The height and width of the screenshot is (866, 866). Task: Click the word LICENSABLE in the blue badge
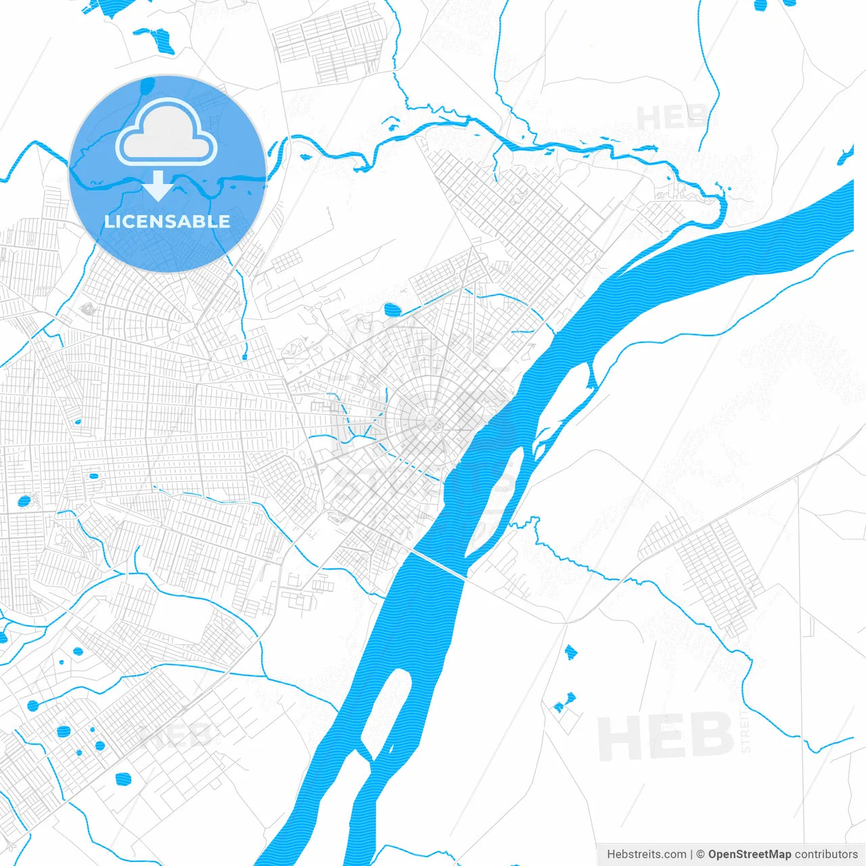pyautogui.click(x=167, y=221)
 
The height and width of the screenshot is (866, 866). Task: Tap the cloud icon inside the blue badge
pyautogui.click(x=166, y=134)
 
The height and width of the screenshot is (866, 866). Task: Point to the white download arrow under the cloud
pyautogui.click(x=158, y=186)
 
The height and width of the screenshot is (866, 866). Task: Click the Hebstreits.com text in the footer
pyautogui.click(x=646, y=854)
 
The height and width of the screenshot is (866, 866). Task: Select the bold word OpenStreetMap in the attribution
pyautogui.click(x=749, y=854)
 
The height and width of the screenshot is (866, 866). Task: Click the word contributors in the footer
pyautogui.click(x=826, y=854)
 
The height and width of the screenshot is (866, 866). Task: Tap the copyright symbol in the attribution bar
pyautogui.click(x=701, y=854)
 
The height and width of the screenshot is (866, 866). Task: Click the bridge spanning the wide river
pyautogui.click(x=438, y=564)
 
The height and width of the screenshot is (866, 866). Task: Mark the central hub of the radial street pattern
pyautogui.click(x=431, y=422)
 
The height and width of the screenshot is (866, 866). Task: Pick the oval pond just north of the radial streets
pyautogui.click(x=392, y=310)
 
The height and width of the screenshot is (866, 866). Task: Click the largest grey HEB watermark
pyautogui.click(x=666, y=736)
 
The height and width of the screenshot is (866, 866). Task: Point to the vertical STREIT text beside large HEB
pyautogui.click(x=746, y=731)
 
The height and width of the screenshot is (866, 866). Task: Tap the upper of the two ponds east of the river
pyautogui.click(x=570, y=652)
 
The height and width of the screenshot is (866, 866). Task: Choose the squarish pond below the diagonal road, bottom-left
pyautogui.click(x=123, y=779)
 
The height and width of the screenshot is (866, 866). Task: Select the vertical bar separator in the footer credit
pyautogui.click(x=692, y=854)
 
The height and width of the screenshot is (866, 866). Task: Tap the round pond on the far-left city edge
pyautogui.click(x=24, y=501)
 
